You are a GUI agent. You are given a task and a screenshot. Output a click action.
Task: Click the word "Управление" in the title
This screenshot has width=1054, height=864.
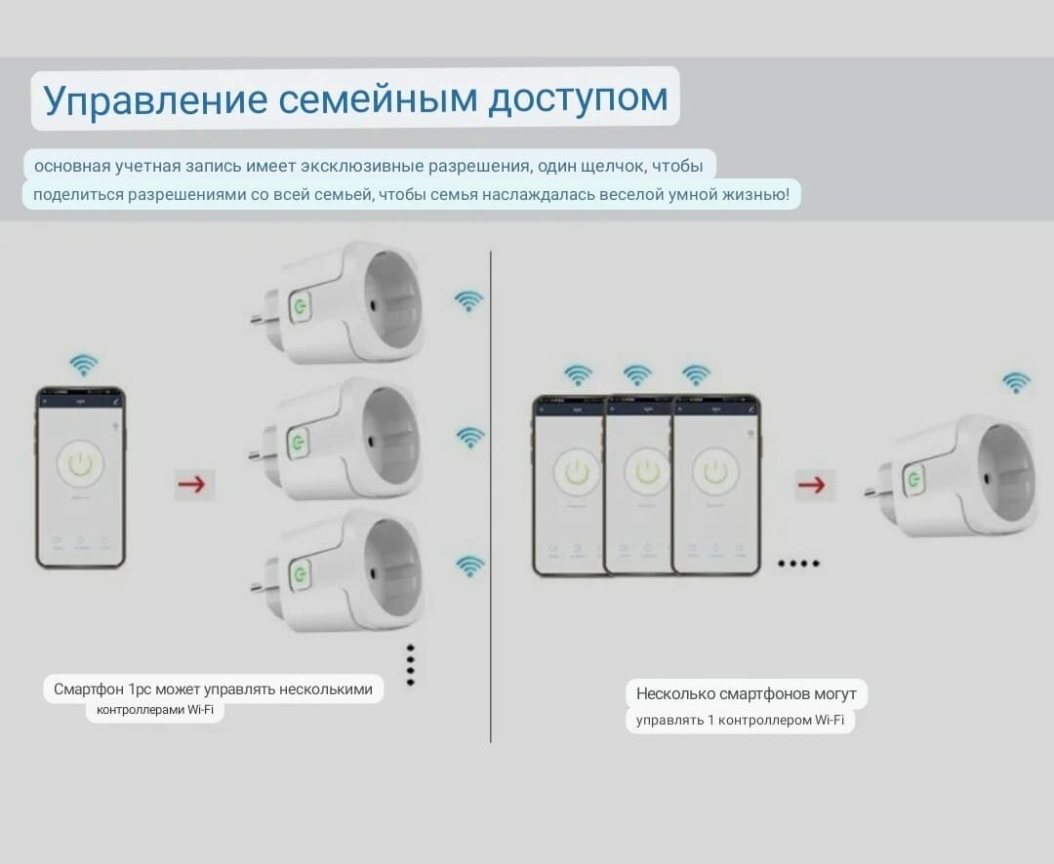(x=153, y=99)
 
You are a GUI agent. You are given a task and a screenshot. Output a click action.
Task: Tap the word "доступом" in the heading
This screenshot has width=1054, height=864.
(x=578, y=99)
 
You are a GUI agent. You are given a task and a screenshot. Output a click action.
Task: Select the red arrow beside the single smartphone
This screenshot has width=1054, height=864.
(x=194, y=484)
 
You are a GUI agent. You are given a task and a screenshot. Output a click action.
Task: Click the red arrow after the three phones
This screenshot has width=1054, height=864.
(x=811, y=484)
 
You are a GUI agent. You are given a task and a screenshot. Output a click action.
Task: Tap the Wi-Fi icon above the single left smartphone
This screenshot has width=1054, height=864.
(x=84, y=366)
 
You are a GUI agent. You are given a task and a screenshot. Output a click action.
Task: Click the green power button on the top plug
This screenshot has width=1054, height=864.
(x=299, y=307)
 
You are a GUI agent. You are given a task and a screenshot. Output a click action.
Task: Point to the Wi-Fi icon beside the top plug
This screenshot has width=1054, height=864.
(x=469, y=301)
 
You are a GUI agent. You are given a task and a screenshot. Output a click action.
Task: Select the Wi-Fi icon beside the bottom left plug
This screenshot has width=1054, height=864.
(x=470, y=566)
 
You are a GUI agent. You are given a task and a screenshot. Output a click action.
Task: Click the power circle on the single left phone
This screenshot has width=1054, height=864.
(x=80, y=465)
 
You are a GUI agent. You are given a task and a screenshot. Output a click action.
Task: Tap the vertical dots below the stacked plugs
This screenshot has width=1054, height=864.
(x=411, y=665)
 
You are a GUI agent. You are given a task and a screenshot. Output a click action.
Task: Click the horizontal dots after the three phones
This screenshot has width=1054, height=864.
(x=798, y=564)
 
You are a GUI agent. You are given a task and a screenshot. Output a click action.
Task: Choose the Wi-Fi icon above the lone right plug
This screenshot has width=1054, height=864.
(x=1016, y=382)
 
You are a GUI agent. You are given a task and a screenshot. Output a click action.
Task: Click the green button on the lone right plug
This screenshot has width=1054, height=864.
(x=914, y=479)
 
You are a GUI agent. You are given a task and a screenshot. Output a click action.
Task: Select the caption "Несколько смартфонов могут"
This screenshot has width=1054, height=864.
(x=746, y=694)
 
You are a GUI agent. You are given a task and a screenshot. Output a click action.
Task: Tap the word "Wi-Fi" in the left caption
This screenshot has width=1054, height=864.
(x=201, y=711)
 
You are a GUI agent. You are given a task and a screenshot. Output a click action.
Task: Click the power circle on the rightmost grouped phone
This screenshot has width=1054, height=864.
(x=715, y=473)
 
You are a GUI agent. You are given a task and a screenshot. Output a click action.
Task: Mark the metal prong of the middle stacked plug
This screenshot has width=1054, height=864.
(x=259, y=454)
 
